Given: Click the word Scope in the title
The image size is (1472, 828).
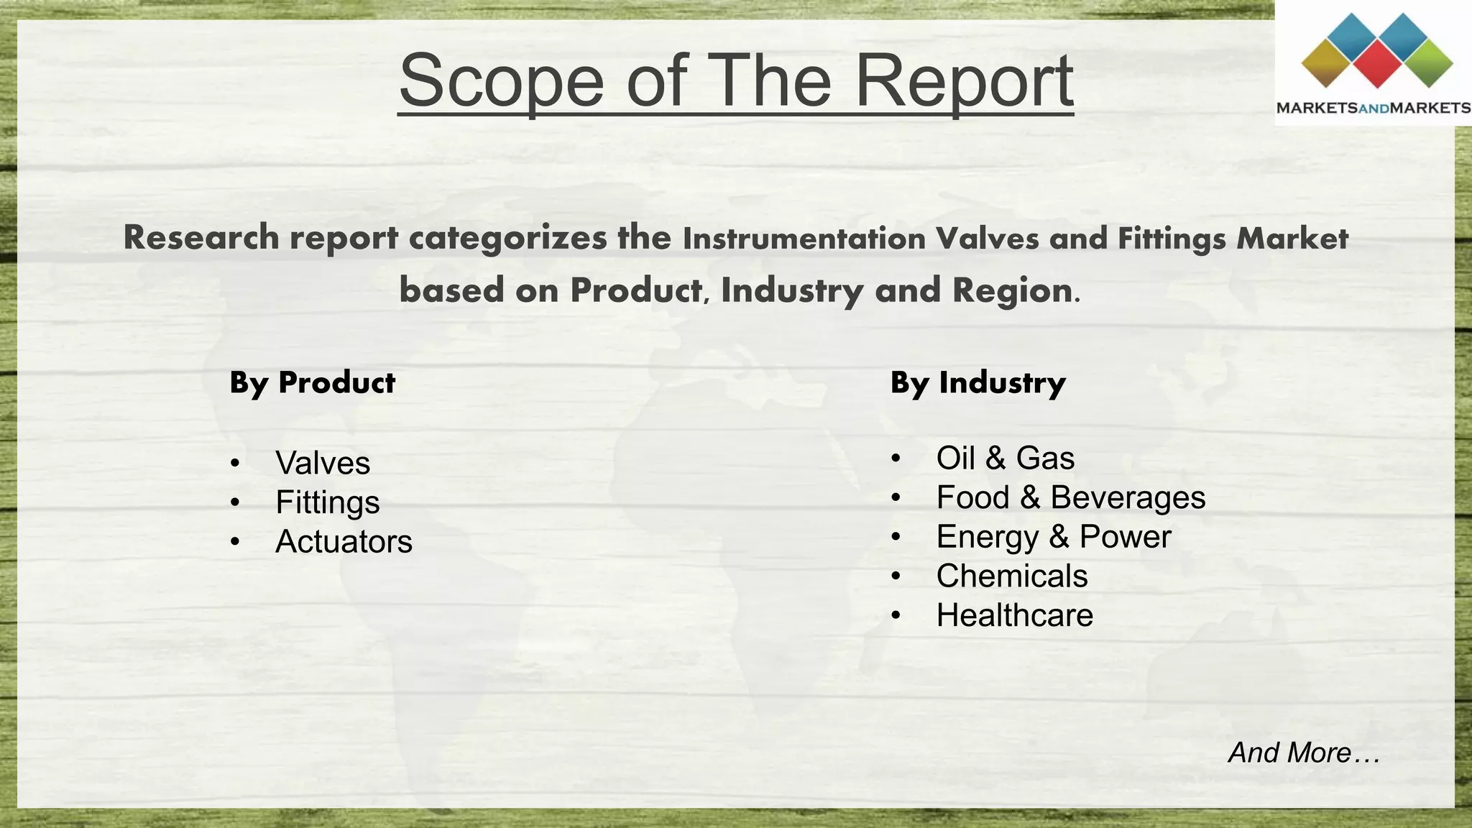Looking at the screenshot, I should tap(501, 80).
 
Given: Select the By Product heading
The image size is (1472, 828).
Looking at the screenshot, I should tap(312, 382).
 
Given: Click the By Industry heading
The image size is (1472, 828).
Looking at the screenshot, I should tap(977, 382).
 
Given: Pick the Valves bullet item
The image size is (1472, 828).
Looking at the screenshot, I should tap(323, 463).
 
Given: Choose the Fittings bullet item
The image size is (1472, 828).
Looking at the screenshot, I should tap(328, 502).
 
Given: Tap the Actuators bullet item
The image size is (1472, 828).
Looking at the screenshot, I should tap(344, 541).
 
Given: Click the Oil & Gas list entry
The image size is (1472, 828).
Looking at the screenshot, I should tap(1005, 458).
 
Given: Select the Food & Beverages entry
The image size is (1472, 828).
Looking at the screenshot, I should tap(1070, 497).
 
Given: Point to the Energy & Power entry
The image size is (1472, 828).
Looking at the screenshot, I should tap(1053, 537).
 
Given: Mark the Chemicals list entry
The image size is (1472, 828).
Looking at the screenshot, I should tap(1011, 576).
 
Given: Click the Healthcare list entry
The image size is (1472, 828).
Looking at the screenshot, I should tap(1014, 615).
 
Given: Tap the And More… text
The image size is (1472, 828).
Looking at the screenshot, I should tap(1303, 753).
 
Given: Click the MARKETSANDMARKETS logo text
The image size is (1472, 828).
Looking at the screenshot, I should tap(1373, 109).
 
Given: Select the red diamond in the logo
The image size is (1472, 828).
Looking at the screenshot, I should tap(1376, 63).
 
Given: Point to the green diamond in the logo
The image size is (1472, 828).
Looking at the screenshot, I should tap(1427, 63).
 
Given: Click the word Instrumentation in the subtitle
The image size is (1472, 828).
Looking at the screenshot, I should tap(804, 239).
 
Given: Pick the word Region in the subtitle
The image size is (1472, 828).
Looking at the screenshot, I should tap(1012, 290).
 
